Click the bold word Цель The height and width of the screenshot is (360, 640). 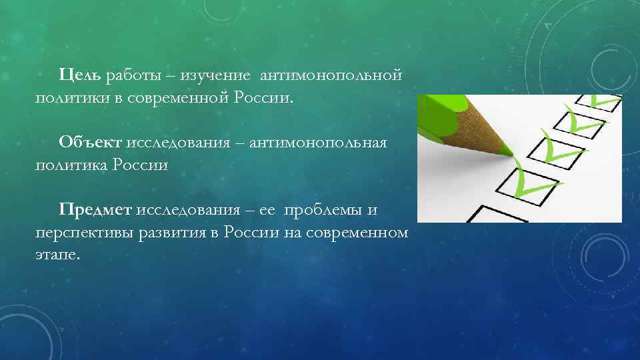[x=79, y=75]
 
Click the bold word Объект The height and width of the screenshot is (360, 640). [x=89, y=142]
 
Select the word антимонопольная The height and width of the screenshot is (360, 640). [x=318, y=142]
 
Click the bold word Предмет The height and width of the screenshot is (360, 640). [x=95, y=210]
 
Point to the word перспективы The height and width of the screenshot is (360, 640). [x=86, y=233]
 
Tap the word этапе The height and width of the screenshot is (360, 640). [x=57, y=255]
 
